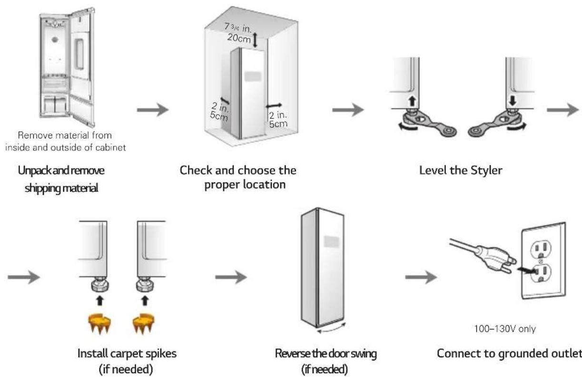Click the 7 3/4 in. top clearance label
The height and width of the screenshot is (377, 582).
point(238,28)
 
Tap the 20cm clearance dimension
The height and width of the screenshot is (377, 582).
point(239,38)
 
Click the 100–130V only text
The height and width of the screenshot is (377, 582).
point(505,329)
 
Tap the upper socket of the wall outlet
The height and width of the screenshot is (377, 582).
point(541,249)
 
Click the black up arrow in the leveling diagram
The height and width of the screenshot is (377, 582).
point(412,101)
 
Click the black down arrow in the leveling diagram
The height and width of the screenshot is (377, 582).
point(513,101)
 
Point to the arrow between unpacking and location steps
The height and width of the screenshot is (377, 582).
point(153,110)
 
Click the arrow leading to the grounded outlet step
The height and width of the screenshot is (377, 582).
point(421,277)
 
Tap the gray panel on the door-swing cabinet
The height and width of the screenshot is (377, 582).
point(332,242)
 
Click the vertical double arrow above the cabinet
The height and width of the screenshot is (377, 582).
point(255,40)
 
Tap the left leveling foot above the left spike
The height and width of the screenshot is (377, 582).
point(100,284)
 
